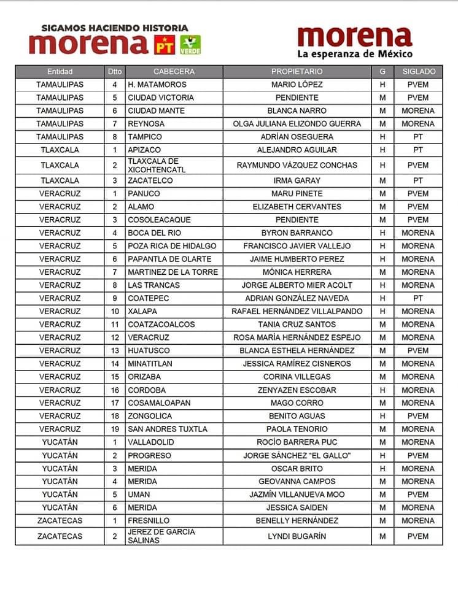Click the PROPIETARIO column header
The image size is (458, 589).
[297, 71]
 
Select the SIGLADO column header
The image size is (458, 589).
[419, 71]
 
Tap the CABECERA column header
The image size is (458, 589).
[174, 71]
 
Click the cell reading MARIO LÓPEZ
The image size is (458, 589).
[297, 85]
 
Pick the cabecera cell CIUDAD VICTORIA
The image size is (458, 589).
[161, 98]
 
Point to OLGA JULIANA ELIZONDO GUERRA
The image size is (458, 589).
[297, 124]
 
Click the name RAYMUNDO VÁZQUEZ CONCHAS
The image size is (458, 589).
[297, 165]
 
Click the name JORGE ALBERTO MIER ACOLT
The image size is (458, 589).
[297, 285]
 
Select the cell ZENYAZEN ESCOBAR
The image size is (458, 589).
[297, 390]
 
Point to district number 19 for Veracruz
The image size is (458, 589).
[114, 429]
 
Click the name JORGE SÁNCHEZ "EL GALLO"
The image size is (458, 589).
[297, 455]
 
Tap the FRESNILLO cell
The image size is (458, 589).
[150, 520]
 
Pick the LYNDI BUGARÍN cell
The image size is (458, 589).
[297, 536]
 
